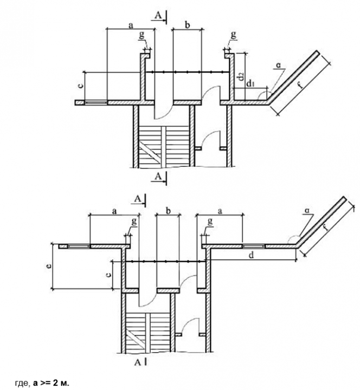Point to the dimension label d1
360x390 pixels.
[250, 84]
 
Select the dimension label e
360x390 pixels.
[50, 266]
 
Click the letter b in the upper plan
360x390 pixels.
[188, 25]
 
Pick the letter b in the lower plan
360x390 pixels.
[168, 211]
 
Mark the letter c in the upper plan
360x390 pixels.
[80, 86]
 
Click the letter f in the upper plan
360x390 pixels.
[300, 85]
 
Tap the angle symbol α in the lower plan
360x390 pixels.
[308, 210]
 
